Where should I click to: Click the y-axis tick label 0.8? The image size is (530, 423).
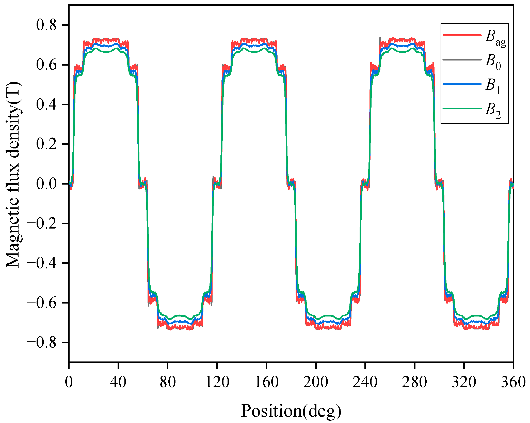46,25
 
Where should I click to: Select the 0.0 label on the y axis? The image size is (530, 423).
46,184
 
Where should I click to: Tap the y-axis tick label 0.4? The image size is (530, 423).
46,104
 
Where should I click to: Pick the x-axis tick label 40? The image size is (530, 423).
118,382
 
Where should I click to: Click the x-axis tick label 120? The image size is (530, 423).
217,382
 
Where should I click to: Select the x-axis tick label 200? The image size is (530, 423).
316,382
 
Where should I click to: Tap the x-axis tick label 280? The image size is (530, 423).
414,382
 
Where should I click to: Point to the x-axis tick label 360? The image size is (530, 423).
513,382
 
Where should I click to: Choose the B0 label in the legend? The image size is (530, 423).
493,62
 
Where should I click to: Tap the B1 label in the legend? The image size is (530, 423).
493,86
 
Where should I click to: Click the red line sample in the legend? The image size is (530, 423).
462,35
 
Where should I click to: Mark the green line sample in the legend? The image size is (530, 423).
462,109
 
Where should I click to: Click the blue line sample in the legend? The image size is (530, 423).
462,84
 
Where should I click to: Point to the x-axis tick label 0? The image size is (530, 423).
69,382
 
